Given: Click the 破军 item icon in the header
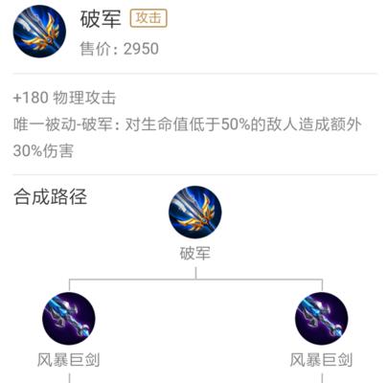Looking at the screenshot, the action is coord(39,32).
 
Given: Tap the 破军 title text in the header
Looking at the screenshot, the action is coord(101,19).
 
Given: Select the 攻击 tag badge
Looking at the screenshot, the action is coord(148,18).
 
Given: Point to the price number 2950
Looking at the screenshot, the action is coord(141,49).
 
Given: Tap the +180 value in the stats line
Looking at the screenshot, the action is coord(31,98).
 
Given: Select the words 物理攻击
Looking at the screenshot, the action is coord(84,98).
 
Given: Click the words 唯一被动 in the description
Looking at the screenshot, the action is coord(44,124).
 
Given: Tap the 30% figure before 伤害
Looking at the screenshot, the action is coord(28,150).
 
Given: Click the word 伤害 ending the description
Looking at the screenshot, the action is coord(57,150).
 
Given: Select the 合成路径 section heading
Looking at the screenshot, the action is coord(50,196).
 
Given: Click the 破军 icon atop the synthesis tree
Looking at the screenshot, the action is coord(195,213).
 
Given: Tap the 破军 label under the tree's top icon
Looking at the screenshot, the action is coord(195,254).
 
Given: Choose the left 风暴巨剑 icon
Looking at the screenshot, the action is coord(69,318).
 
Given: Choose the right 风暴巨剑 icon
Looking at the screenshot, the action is coord(322,318).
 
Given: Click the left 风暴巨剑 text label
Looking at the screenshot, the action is coord(69,360).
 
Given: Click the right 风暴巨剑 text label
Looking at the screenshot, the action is coord(321,360).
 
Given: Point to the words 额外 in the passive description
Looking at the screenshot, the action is coord(346,124).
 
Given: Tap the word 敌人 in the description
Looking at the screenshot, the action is coord(283,124).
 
